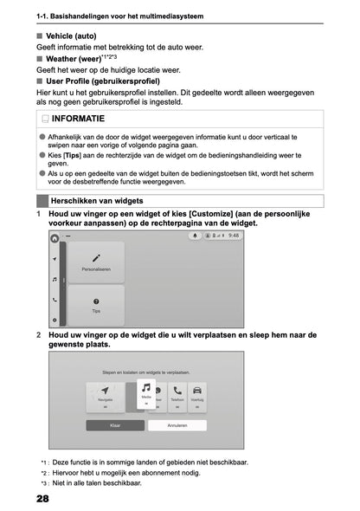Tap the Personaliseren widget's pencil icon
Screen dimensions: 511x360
pyautogui.click(x=96, y=257)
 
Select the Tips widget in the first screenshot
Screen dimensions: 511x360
pyautogui.click(x=96, y=305)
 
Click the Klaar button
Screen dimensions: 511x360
pyautogui.click(x=115, y=425)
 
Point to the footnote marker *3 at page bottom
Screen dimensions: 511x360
pyautogui.click(x=44, y=483)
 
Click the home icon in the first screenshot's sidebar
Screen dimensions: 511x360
pyautogui.click(x=55, y=236)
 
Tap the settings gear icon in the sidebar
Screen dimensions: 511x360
pyautogui.click(x=55, y=320)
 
